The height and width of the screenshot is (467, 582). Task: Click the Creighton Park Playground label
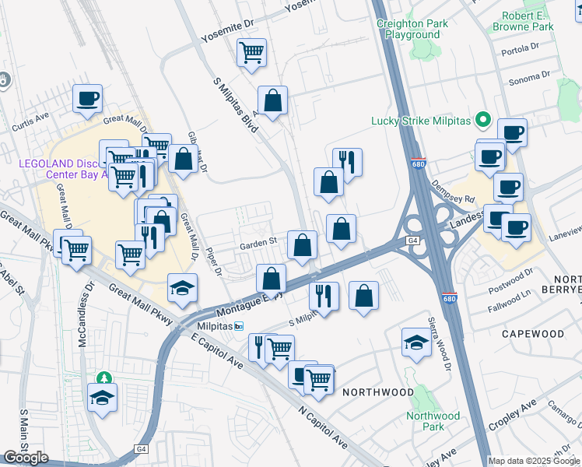coord(412,29)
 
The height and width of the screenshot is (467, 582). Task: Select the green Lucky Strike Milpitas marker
coord(482,120)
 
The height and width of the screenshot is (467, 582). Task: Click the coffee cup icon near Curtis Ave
coord(87,99)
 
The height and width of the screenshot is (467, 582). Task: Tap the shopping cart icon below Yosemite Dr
coord(251,53)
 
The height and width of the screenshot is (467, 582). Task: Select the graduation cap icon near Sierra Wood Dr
coord(416,342)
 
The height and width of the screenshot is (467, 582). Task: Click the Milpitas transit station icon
coord(240,325)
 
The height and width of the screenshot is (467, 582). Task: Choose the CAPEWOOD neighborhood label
coord(532,333)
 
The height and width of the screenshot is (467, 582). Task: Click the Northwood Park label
coord(433,421)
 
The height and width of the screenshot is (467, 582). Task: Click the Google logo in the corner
coord(26,458)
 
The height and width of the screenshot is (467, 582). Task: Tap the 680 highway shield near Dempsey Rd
coord(418,163)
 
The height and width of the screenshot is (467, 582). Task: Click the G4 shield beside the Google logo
coord(141,449)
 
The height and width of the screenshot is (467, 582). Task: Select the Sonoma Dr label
coord(529,77)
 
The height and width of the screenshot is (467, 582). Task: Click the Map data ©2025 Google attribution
coord(534,460)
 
